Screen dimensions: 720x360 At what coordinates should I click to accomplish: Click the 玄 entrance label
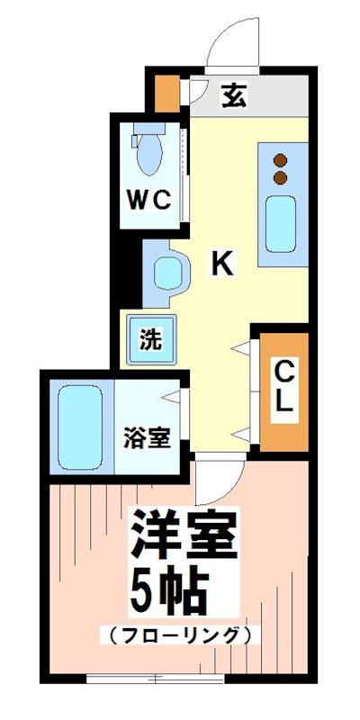[x=233, y=94]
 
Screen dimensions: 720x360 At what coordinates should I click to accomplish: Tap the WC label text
[x=148, y=202]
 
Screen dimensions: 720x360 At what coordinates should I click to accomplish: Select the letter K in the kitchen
[x=222, y=263]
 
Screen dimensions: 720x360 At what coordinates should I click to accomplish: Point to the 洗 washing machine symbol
[x=151, y=340]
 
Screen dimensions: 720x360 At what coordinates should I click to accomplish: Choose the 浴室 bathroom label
[x=147, y=438]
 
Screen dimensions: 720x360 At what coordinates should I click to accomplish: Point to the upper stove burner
[x=280, y=160]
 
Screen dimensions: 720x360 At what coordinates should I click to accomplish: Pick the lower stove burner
[x=280, y=176]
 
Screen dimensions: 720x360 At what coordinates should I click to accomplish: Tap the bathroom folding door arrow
[x=174, y=395]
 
